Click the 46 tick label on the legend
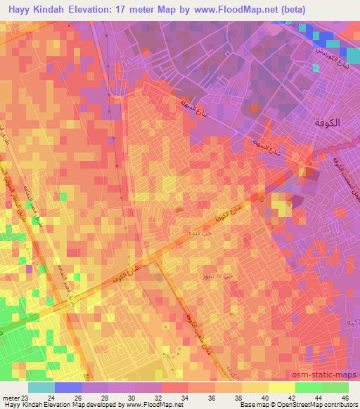click(x=344, y=397)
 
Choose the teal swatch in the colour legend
click(x=41, y=387)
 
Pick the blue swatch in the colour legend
click(x=67, y=387)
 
